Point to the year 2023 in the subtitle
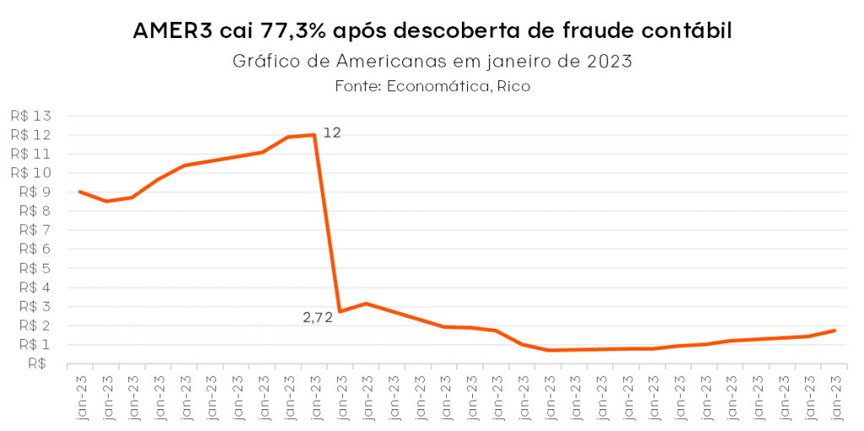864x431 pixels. (x=610, y=62)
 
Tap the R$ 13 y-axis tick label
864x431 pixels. (x=31, y=116)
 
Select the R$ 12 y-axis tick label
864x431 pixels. (x=31, y=135)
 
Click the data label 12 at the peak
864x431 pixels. (x=332, y=133)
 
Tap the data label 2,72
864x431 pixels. (x=318, y=318)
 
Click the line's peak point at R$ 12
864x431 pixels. (x=314, y=134)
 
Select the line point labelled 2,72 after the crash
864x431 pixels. (x=340, y=312)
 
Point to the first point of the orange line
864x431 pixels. (x=79, y=192)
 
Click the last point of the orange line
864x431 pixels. (x=834, y=330)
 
